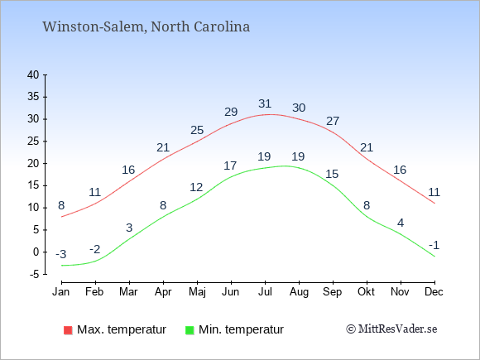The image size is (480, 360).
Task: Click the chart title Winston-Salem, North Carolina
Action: click(146, 26)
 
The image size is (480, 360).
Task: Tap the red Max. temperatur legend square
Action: click(68, 330)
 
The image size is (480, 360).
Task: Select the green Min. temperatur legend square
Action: click(190, 330)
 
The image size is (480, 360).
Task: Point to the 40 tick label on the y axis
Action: click(33, 74)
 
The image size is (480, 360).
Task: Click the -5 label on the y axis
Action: click(34, 274)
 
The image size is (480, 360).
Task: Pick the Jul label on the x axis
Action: click(265, 292)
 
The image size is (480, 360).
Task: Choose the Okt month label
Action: click(366, 292)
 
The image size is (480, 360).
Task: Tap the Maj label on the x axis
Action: click(197, 292)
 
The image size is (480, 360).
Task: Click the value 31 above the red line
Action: click(265, 103)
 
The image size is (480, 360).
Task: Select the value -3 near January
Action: click(61, 254)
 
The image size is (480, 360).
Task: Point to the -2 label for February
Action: click(95, 249)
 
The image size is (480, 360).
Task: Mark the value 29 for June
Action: click(231, 112)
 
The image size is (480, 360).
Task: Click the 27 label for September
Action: click(333, 121)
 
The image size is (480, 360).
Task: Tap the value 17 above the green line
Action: click(230, 166)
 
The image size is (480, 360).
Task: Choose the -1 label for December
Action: click(434, 245)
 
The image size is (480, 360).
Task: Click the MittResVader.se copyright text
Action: click(391, 329)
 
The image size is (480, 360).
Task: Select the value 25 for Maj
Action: click(197, 131)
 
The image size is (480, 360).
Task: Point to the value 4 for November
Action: click(401, 223)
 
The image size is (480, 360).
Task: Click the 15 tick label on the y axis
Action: click(33, 185)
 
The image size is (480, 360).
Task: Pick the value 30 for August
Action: click(299, 108)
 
